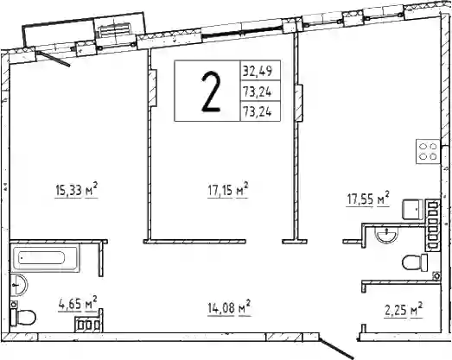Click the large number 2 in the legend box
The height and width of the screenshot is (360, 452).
click(211, 92)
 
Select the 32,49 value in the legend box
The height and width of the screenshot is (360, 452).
click(258, 71)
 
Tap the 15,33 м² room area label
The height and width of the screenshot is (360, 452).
click(76, 190)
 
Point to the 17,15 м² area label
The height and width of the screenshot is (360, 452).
click(228, 190)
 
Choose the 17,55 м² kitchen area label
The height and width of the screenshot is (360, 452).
click(368, 199)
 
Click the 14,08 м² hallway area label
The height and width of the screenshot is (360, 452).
click(229, 308)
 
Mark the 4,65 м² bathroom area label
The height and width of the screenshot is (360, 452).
click(78, 304)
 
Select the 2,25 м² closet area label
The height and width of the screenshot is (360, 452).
click(404, 310)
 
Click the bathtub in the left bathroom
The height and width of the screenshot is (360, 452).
click(45, 257)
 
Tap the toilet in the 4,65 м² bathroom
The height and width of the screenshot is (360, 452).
click(23, 318)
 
